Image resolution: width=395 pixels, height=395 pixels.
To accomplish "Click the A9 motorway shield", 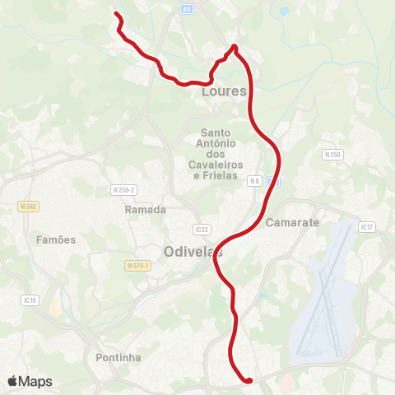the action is click(188, 7).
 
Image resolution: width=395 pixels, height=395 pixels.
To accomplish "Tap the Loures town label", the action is click(224, 91).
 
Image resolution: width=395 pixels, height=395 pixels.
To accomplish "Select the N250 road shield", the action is click(332, 154).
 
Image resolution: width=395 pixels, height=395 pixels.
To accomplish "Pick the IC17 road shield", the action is click(368, 226).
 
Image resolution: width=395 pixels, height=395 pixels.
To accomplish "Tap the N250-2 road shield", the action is click(123, 190).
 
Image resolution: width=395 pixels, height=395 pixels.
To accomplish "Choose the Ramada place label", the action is click(146, 210).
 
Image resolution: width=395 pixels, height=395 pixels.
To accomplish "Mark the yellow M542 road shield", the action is click(28, 206).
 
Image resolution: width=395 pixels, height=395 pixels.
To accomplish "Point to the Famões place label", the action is click(56, 239).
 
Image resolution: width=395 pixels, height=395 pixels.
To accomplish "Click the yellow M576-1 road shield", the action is click(139, 266).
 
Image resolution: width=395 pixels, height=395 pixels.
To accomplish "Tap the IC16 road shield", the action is click(31, 300).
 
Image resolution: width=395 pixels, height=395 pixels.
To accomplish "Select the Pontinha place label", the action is click(118, 357).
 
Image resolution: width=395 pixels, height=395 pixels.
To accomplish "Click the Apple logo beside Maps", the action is click(13, 381).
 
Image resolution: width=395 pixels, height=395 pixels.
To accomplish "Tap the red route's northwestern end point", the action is click(116, 14).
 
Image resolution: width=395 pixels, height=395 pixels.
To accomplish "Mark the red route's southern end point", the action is click(249, 379).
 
